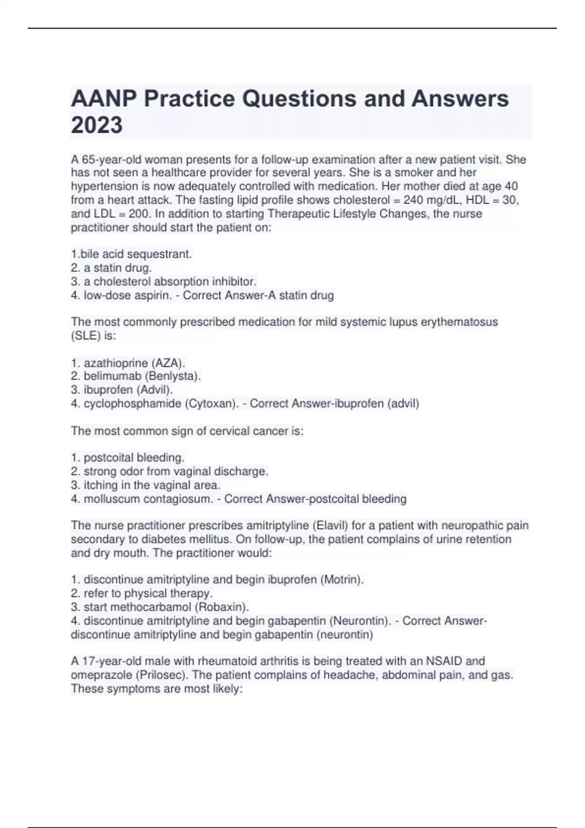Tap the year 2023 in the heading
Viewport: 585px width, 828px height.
pos(97,125)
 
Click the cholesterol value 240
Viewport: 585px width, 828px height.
pos(413,200)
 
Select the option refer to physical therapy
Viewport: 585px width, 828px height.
pos(148,593)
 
